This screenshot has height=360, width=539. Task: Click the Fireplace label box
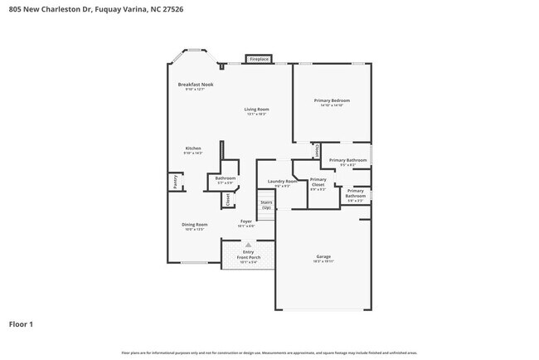point(259,59)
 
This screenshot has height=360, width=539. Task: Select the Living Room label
point(256,109)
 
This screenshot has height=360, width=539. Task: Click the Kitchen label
point(192,148)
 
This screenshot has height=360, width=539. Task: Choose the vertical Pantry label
point(175,182)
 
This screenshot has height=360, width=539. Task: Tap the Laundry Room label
point(282,181)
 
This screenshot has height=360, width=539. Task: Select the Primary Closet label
point(318,182)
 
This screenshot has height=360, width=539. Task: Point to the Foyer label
point(246,221)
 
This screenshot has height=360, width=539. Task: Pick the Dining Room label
point(195,224)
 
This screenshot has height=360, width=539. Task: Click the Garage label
point(323,256)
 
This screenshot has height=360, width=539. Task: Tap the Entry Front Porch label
point(248,255)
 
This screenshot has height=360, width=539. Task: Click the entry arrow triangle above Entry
point(247,245)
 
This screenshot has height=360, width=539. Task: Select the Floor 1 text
point(21,324)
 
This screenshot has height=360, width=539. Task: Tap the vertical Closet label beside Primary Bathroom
point(318,151)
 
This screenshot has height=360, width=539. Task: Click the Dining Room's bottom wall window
point(194,263)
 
